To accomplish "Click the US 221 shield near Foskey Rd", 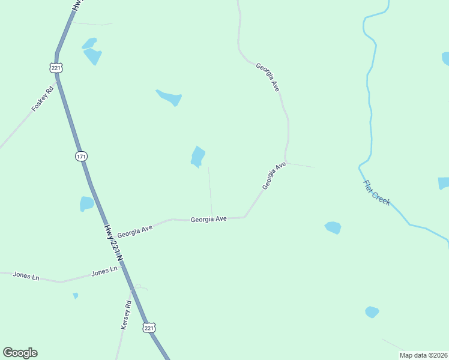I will pos(56,68).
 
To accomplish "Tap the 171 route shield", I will pos(81,156).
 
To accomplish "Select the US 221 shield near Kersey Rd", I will pos(149,328).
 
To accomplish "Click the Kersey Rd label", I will pos(126,315).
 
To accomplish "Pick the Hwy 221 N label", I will pos(113,242).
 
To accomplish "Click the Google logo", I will pos(20,353).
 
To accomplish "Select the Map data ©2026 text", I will pos(423,355).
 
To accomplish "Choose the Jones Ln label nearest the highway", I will pos(104,272).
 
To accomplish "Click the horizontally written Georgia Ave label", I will pos(208,220).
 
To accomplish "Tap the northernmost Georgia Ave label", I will pos(268,77).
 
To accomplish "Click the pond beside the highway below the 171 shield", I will pos(86,203).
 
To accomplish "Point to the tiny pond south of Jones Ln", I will pos(75,295).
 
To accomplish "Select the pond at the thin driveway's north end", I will pos(197,155).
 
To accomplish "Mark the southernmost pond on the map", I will pos(372,312).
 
